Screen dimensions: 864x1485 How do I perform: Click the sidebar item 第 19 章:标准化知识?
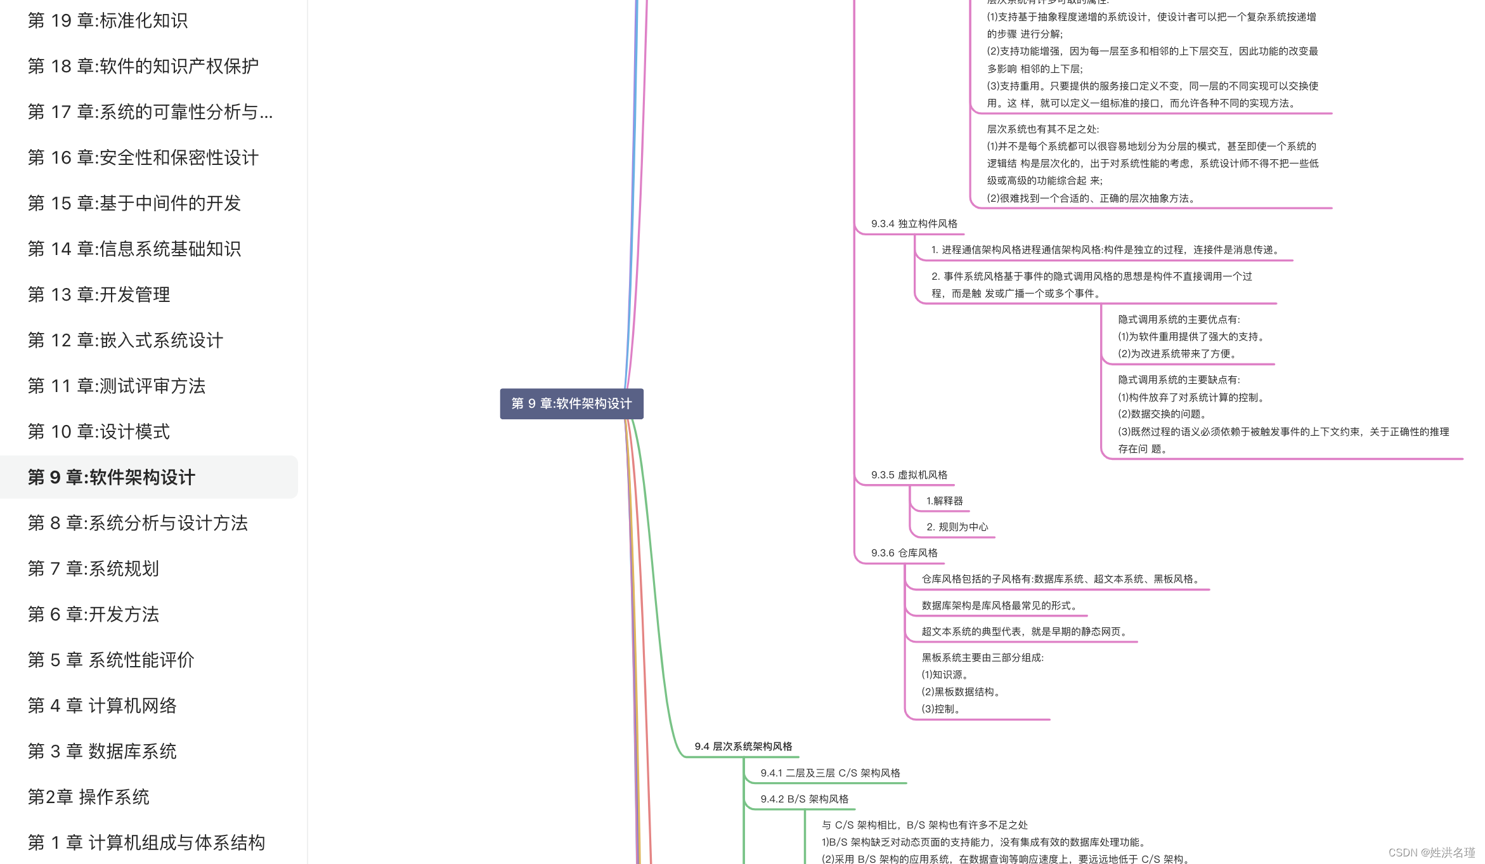[108, 21]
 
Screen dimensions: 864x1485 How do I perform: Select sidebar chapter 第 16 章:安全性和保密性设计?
[143, 158]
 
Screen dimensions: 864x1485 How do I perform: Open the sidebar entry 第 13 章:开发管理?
[99, 295]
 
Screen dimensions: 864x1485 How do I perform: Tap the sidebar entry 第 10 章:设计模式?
[99, 432]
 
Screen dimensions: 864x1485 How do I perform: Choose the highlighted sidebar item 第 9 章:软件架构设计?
[112, 478]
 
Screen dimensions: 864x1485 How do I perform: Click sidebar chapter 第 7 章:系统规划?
[93, 569]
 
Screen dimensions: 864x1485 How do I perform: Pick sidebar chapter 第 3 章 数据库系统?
[102, 752]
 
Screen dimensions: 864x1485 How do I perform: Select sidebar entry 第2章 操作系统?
[89, 797]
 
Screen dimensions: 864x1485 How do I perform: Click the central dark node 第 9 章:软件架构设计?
[571, 404]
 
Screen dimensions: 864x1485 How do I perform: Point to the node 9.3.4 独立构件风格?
[914, 224]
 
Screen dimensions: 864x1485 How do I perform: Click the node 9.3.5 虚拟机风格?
[909, 475]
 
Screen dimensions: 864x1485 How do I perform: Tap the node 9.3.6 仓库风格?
[904, 553]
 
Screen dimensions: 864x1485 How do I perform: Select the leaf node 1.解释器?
[944, 501]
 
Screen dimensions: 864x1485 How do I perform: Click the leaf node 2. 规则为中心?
[957, 527]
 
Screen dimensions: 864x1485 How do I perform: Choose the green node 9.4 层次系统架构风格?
[743, 747]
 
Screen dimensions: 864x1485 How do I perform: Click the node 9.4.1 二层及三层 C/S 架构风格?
[830, 773]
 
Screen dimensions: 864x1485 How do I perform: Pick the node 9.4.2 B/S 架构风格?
[804, 799]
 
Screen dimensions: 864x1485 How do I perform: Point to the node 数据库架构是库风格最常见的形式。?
[999, 606]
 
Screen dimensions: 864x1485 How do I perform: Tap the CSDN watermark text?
[1431, 853]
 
